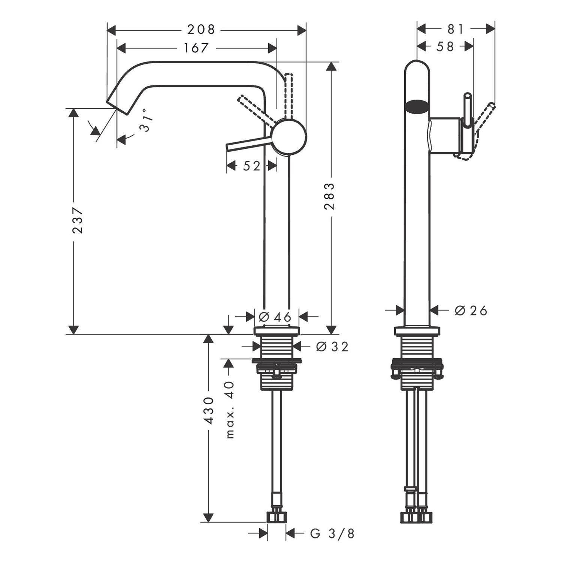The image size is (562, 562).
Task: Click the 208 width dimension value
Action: point(202,30)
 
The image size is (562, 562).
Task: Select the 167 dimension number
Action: point(196,48)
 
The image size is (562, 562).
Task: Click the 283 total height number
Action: point(330,196)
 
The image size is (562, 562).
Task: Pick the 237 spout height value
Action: point(78,220)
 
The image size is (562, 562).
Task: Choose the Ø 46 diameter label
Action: point(275,317)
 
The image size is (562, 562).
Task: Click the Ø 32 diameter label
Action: point(332,347)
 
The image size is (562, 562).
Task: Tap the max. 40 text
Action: point(230,409)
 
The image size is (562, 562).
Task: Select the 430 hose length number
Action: point(209,411)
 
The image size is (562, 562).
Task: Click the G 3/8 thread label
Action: point(332,534)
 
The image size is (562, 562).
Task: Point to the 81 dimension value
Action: point(456,29)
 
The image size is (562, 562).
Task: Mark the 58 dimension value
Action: point(445,46)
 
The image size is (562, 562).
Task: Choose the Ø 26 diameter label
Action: point(471,310)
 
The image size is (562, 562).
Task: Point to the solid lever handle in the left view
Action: point(249,144)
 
